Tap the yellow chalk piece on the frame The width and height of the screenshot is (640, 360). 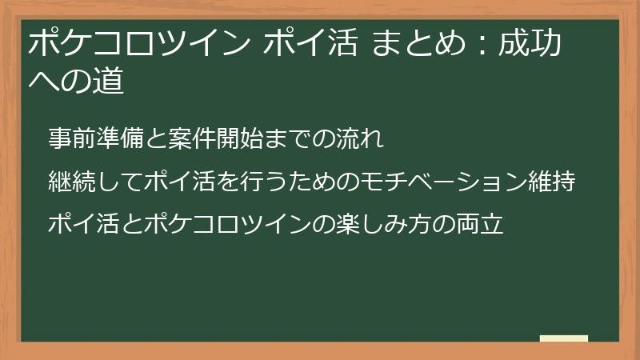click(x=563, y=339)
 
